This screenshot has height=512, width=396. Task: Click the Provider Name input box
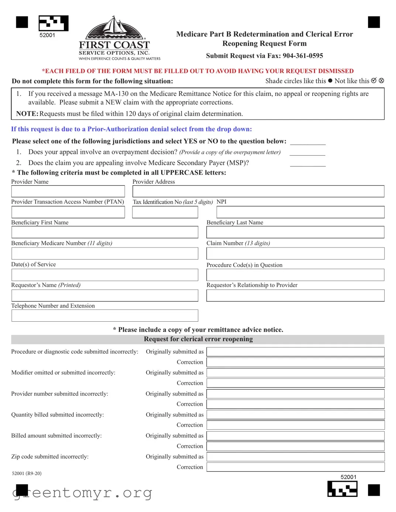pyautogui.click(x=68, y=191)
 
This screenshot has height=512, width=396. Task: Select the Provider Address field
pyautogui.click(x=258, y=191)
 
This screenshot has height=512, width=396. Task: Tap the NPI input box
pyautogui.click(x=300, y=212)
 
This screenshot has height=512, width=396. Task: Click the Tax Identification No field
pyautogui.click(x=165, y=212)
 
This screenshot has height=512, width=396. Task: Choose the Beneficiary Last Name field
pyautogui.click(x=295, y=232)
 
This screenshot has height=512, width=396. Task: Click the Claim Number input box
pyautogui.click(x=295, y=253)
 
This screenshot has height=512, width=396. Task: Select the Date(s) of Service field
pyautogui.click(x=104, y=275)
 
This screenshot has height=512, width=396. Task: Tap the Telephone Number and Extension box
pyautogui.click(x=104, y=315)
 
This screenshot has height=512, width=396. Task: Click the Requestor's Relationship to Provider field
pyautogui.click(x=295, y=295)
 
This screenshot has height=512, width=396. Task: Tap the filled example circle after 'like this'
pyautogui.click(x=330, y=81)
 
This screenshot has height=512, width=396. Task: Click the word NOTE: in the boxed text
pyautogui.click(x=27, y=114)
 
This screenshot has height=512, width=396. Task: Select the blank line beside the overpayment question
pyautogui.click(x=307, y=153)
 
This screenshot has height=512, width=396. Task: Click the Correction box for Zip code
pyautogui.click(x=295, y=467)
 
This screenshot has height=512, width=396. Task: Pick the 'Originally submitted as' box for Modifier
pyautogui.click(x=295, y=373)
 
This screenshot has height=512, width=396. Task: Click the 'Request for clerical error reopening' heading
pyautogui.click(x=198, y=339)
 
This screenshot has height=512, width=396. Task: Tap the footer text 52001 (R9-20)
pyautogui.click(x=27, y=473)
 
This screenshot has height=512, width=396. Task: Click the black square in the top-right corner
pyautogui.click(x=374, y=22)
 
